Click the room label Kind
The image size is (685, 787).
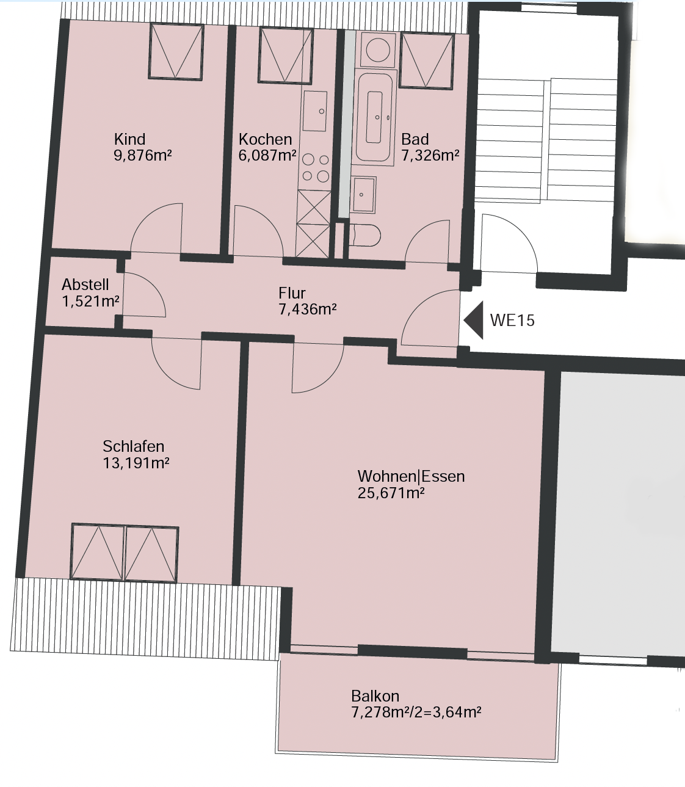pyautogui.click(x=129, y=139)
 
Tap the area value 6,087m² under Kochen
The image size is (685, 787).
pyautogui.click(x=267, y=156)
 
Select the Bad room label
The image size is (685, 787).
pyautogui.click(x=415, y=139)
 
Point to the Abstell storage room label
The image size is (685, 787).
pyautogui.click(x=85, y=285)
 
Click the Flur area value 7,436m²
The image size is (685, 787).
pyautogui.click(x=308, y=310)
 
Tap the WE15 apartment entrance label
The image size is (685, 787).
pyautogui.click(x=512, y=321)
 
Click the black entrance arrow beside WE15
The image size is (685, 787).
pyautogui.click(x=474, y=320)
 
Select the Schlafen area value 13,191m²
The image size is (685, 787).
pyautogui.click(x=136, y=463)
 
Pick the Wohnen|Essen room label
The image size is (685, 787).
pyautogui.click(x=411, y=476)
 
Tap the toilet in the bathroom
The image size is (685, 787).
pyautogui.click(x=364, y=235)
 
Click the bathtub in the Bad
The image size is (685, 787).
pyautogui.click(x=374, y=117)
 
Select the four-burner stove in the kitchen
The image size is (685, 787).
pyautogui.click(x=316, y=168)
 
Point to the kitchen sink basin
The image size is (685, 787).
pyautogui.click(x=315, y=111)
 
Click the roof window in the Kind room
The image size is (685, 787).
pyautogui.click(x=176, y=51)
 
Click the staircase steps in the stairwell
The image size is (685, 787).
pyautogui.click(x=546, y=140)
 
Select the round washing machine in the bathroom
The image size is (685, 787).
pyautogui.click(x=378, y=50)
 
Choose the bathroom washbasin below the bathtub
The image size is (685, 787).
pyautogui.click(x=363, y=195)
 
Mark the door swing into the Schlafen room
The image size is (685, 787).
pyautogui.click(x=176, y=363)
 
